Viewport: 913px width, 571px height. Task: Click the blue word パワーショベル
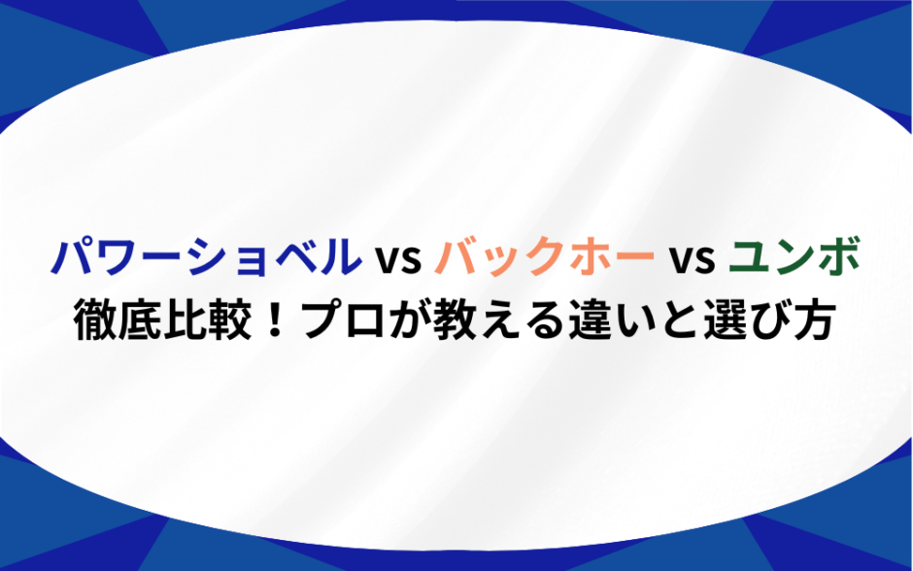point(207,256)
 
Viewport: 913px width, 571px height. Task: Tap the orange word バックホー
point(545,256)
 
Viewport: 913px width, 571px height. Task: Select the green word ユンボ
point(795,256)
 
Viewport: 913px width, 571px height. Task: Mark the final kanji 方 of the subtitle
point(813,319)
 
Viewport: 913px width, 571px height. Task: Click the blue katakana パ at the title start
point(72,256)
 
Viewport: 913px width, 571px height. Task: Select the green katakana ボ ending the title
point(839,256)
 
